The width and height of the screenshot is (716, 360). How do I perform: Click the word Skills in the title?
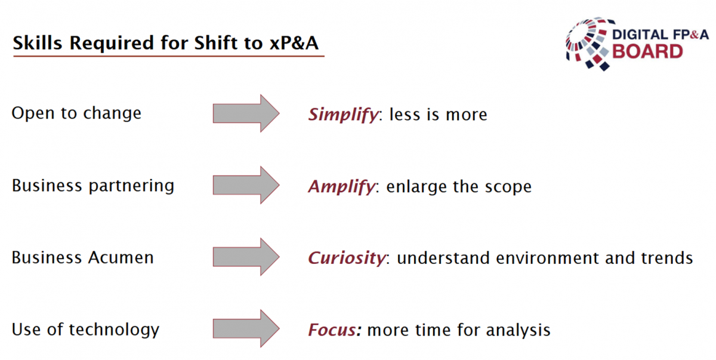point(38,43)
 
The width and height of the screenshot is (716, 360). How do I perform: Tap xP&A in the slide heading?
point(294,43)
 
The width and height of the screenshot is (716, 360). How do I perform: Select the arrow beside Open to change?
point(246,113)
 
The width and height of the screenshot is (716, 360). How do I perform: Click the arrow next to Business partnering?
point(246,185)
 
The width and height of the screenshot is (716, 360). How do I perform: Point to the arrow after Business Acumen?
point(246,257)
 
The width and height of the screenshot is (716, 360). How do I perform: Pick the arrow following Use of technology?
point(246,328)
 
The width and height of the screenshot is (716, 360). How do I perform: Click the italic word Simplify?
point(343,115)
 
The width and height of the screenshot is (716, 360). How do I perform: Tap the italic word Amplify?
point(342,187)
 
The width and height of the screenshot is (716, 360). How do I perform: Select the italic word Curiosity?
point(347,259)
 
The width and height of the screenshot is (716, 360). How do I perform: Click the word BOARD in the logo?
point(647,52)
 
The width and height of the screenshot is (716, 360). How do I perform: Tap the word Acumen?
point(121,258)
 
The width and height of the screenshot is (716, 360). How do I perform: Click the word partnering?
point(131,186)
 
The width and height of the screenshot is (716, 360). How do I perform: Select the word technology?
point(114,330)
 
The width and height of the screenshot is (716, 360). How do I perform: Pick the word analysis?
point(518,331)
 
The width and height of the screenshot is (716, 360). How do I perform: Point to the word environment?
point(547,259)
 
